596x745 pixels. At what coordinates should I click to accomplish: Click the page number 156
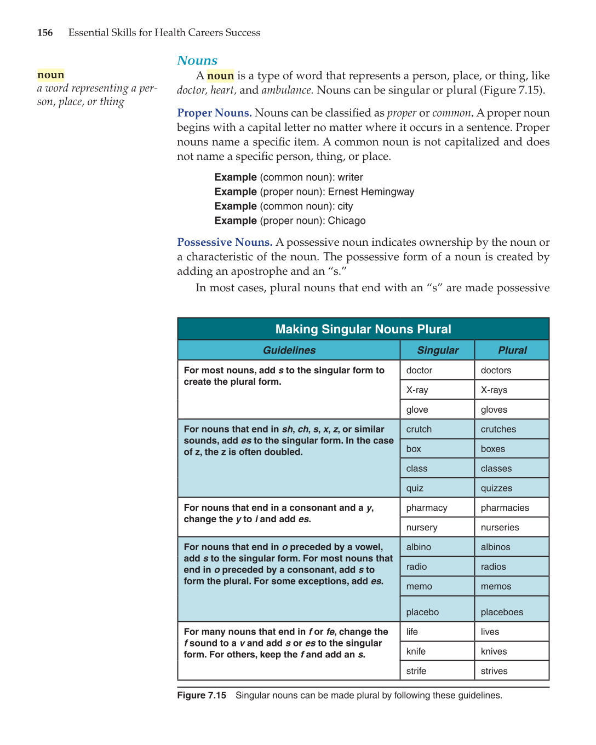click(x=45, y=33)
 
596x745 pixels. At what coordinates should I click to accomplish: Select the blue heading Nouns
click(x=197, y=61)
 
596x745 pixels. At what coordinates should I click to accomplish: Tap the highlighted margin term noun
click(x=51, y=75)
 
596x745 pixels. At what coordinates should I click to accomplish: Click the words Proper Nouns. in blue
click(x=214, y=113)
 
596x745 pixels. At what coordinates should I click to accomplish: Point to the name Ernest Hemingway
click(x=371, y=192)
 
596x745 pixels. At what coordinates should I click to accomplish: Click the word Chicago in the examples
click(x=346, y=221)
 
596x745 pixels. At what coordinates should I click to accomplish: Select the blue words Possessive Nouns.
click(x=225, y=242)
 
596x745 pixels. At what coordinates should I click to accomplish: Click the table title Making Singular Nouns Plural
click(x=363, y=330)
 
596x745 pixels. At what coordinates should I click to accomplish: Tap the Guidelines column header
click(x=289, y=350)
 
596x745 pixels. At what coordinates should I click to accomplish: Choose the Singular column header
click(x=437, y=350)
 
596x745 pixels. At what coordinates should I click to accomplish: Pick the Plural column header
click(x=512, y=350)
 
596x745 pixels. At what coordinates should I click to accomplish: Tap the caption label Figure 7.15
click(x=202, y=696)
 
